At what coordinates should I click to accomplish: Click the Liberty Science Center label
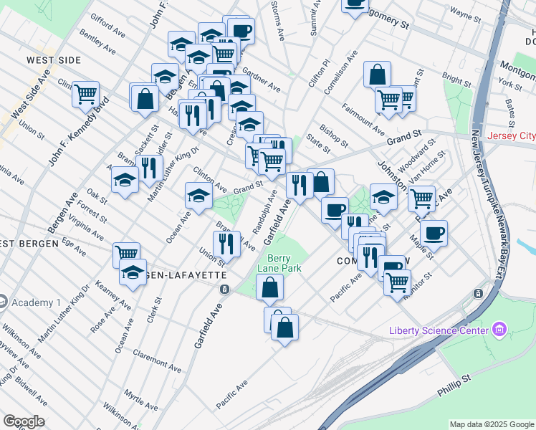tap(439, 330)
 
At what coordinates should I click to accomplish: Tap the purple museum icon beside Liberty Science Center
tap(500, 330)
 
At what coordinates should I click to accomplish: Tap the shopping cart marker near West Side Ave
tap(85, 93)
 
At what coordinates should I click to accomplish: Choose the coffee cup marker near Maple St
tap(434, 232)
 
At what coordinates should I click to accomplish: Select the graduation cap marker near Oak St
tap(125, 180)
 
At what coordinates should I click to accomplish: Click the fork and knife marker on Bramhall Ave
tap(227, 244)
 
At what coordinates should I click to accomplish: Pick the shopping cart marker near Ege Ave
tap(127, 253)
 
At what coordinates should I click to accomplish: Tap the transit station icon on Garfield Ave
tap(224, 289)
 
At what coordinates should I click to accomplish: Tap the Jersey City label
tap(510, 135)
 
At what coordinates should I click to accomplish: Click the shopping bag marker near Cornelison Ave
tap(377, 75)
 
